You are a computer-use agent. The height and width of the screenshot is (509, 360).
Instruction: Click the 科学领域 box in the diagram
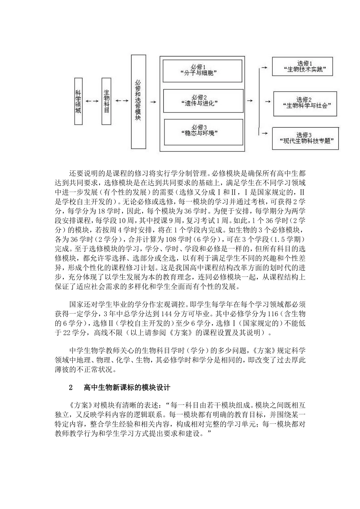pos(78,101)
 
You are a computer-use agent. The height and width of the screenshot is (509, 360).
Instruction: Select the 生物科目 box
pos(106,101)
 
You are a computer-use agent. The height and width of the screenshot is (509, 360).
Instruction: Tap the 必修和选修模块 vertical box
pos(138,101)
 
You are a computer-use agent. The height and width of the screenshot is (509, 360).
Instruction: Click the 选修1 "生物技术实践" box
pos(302,67)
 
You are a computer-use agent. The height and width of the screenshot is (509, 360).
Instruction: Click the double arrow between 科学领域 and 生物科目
pos(92,101)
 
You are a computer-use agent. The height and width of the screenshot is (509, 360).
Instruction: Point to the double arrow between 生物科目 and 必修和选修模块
pos(121,101)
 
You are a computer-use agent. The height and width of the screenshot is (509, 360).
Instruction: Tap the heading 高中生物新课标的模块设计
pos(127,388)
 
